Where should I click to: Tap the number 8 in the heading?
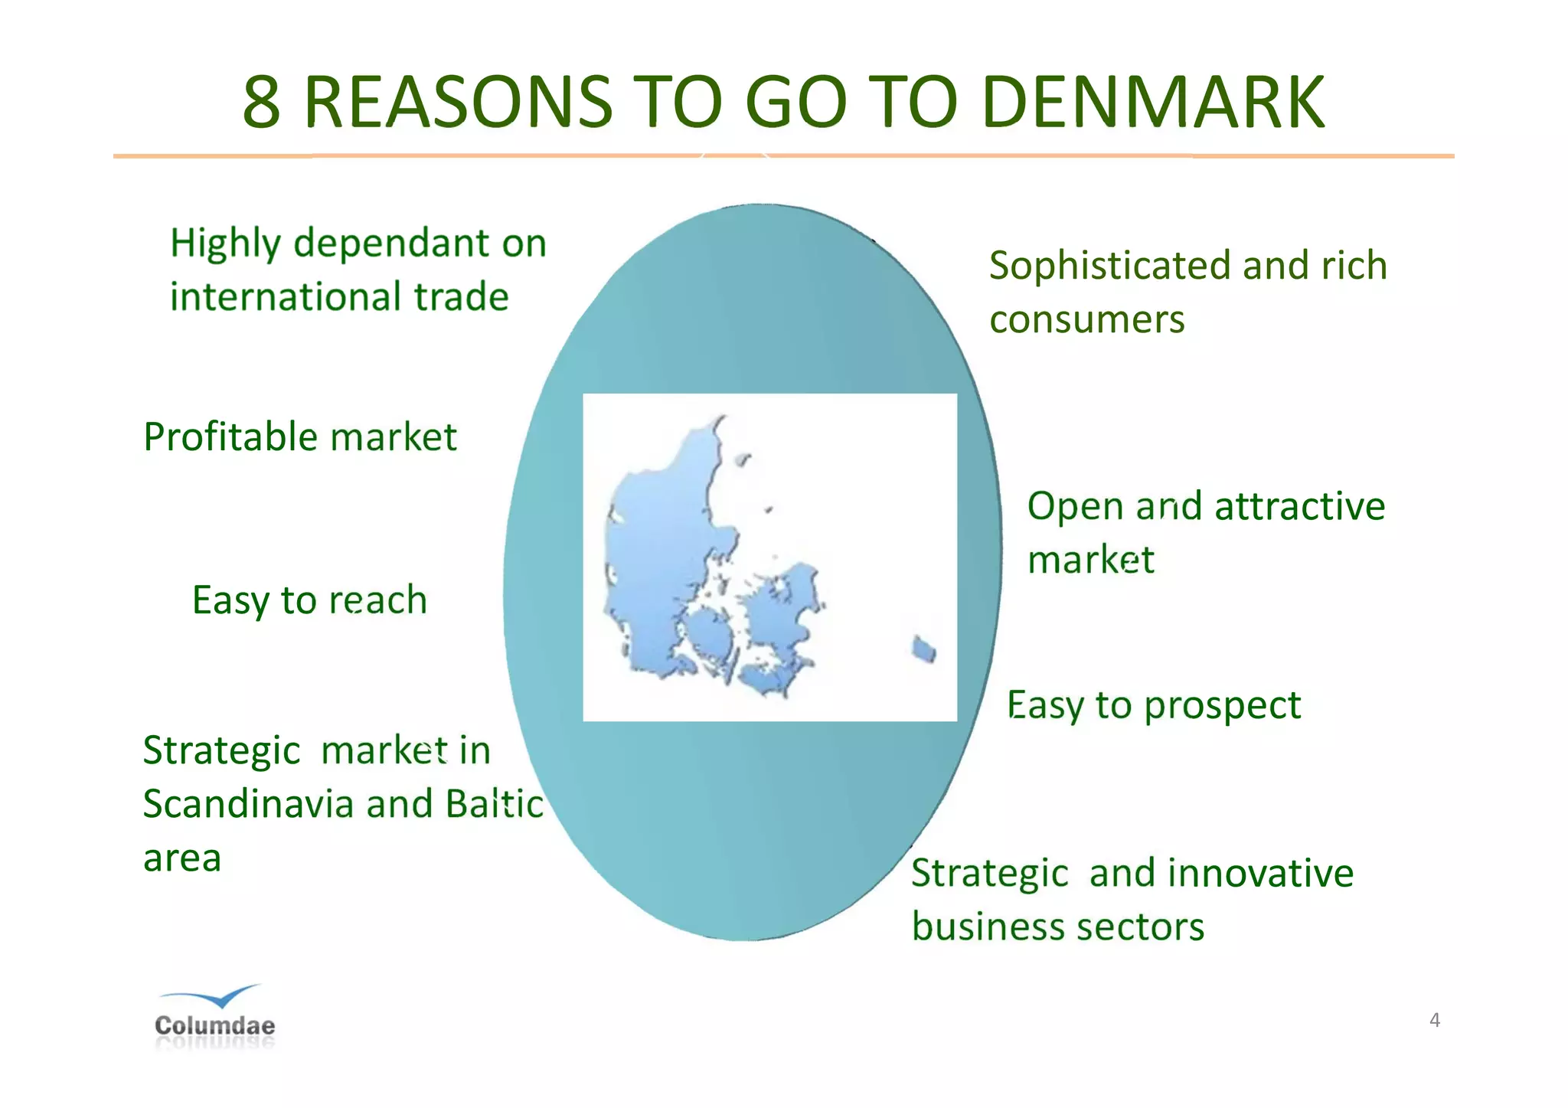pos(262,103)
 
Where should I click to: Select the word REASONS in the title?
pos(458,103)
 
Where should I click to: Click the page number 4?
pos(1434,1020)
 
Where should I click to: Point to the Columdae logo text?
pos(214,1025)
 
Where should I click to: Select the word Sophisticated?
pos(1110,266)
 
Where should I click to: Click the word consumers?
pos(1086,320)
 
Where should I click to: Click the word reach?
pos(377,600)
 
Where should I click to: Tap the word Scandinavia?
pos(249,805)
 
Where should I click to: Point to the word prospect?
pos(1222,706)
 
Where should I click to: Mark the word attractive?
pos(1299,507)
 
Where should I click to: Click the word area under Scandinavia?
pos(182,859)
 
